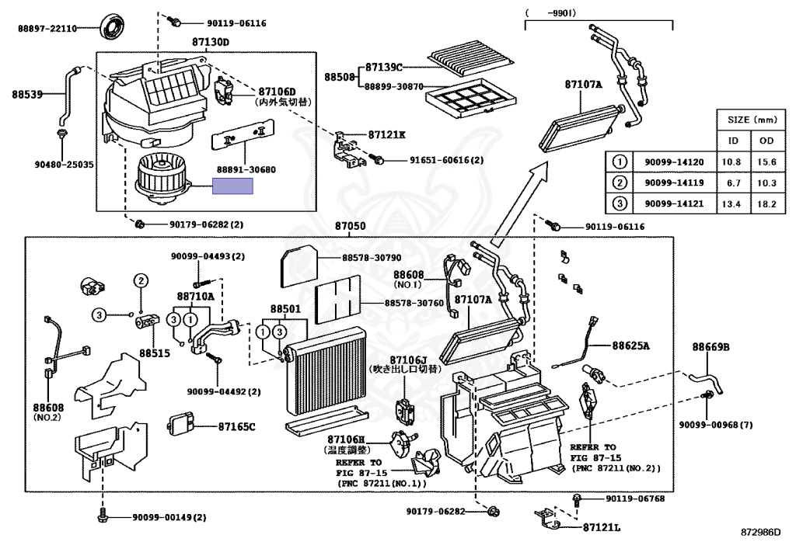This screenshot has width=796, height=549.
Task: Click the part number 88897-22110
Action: point(47,29)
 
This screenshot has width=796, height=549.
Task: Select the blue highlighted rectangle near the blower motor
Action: point(233,186)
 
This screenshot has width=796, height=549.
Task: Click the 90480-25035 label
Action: point(63,165)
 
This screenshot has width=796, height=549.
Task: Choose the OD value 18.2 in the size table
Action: point(767,203)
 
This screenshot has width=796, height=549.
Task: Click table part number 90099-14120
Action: point(673,162)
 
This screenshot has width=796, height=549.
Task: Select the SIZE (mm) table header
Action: point(749,120)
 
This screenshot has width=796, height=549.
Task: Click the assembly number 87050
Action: point(350,227)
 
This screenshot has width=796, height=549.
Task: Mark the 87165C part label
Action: point(236,426)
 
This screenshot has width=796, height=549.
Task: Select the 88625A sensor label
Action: point(630,346)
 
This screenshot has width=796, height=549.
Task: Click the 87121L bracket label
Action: point(602,528)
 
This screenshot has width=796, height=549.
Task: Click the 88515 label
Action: point(154,353)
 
